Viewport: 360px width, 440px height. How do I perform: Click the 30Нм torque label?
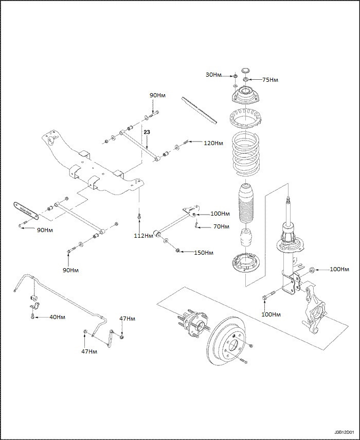pyautogui.click(x=213, y=75)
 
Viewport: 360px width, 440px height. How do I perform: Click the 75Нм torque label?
pyautogui.click(x=270, y=80)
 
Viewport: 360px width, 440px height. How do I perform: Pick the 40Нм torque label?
pyautogui.click(x=57, y=317)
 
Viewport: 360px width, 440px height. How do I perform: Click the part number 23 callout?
pyautogui.click(x=147, y=132)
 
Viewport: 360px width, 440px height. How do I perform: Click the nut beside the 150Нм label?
pyautogui.click(x=178, y=251)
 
